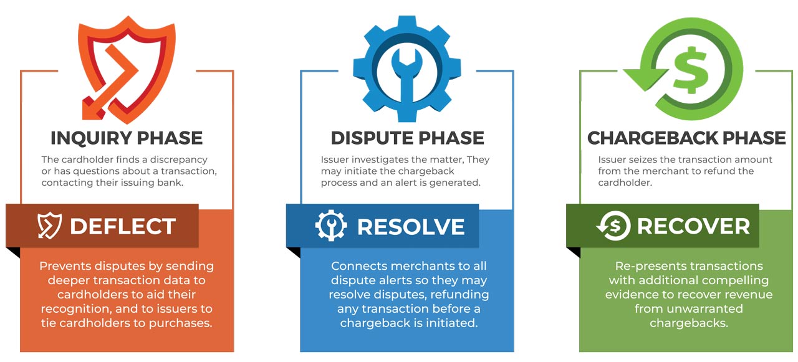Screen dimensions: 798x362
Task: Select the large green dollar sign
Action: [690, 70]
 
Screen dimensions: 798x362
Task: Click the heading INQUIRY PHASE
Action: [127, 138]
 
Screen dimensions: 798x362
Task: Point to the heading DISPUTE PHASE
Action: [407, 138]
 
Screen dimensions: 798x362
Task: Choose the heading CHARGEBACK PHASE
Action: [686, 138]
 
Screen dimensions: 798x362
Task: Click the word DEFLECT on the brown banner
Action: [123, 226]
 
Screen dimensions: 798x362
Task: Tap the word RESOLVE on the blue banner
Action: [411, 227]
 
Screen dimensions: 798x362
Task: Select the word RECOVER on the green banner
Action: [693, 226]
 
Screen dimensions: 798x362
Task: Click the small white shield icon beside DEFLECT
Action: [49, 226]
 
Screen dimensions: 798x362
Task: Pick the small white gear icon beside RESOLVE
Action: [331, 226]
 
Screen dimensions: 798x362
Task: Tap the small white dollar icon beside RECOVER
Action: [613, 226]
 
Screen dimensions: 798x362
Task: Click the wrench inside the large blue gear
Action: [406, 82]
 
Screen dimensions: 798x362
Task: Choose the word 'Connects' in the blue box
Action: [360, 266]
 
